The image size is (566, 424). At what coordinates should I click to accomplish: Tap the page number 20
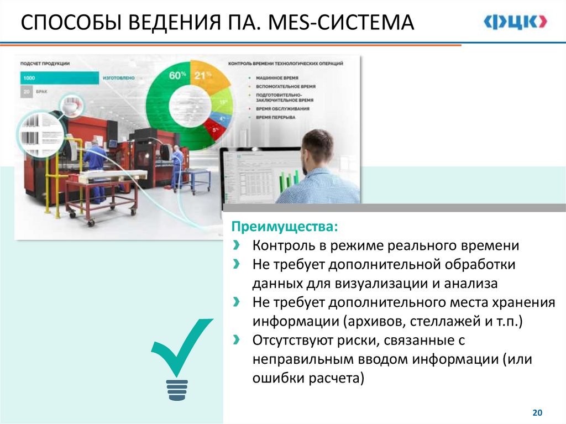click(537, 412)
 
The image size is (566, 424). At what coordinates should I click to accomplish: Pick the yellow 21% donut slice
click(208, 78)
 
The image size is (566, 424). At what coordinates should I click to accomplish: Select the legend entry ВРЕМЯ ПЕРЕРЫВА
click(275, 117)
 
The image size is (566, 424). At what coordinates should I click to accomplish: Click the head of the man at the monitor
click(317, 148)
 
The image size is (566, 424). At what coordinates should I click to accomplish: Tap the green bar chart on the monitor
click(288, 180)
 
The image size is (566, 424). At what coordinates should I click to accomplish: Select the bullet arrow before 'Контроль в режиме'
click(237, 245)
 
